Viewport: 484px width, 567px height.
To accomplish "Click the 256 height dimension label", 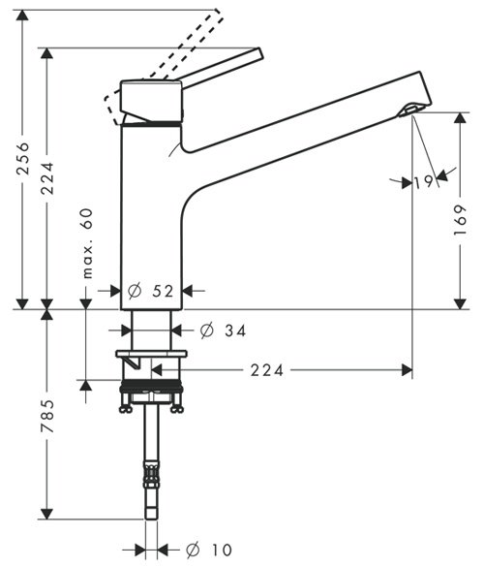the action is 24,158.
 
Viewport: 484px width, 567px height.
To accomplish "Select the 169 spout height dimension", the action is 460,220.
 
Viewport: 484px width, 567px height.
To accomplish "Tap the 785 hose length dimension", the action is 47,416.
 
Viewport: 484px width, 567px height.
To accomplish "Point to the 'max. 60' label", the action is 87,243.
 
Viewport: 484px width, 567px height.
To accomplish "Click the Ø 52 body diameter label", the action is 151,291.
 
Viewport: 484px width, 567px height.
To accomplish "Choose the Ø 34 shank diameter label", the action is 224,331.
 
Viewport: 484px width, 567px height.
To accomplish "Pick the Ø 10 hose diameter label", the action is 209,550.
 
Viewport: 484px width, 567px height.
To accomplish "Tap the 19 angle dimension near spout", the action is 423,181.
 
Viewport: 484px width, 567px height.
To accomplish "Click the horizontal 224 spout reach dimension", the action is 267,370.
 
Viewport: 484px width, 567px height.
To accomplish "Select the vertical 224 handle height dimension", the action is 47,178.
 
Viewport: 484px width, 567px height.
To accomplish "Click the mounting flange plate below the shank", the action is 151,354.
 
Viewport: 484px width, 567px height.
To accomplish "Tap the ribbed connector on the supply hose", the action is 151,474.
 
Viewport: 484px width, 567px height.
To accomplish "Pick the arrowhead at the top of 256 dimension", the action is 23,16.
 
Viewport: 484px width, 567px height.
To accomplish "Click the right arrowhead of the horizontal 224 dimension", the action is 408,370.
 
